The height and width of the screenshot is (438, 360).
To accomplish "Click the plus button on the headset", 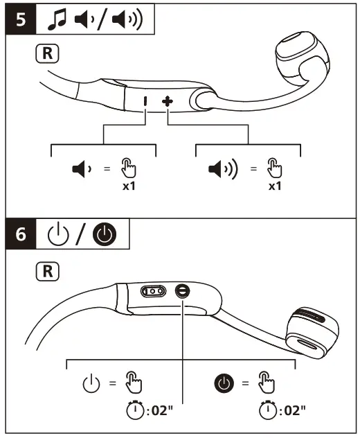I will tap(168, 101).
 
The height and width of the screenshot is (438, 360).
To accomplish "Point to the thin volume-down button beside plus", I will tap(145, 101).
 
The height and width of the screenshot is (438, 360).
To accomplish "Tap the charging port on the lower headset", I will tap(153, 292).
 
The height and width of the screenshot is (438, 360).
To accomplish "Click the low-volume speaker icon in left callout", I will tap(81, 168).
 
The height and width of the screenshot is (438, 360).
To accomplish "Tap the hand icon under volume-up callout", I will tap(275, 168).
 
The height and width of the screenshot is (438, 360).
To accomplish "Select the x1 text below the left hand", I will tap(126, 186).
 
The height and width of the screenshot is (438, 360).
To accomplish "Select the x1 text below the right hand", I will tap(276, 186).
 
